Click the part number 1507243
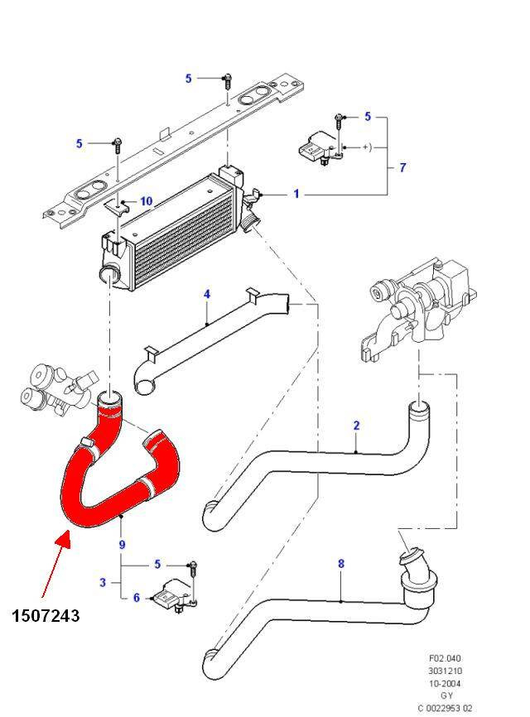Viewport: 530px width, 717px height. point(46,615)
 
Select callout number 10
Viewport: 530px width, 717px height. point(146,201)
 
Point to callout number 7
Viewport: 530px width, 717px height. point(402,168)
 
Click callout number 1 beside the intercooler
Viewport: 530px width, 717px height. point(296,195)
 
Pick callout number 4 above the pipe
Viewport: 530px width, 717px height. point(207,294)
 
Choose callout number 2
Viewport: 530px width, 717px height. point(356,426)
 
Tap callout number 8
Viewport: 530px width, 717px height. point(340,564)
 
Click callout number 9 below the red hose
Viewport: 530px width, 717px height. point(122,544)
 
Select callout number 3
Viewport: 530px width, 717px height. point(103,583)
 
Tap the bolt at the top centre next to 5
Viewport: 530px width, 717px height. point(225,79)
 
